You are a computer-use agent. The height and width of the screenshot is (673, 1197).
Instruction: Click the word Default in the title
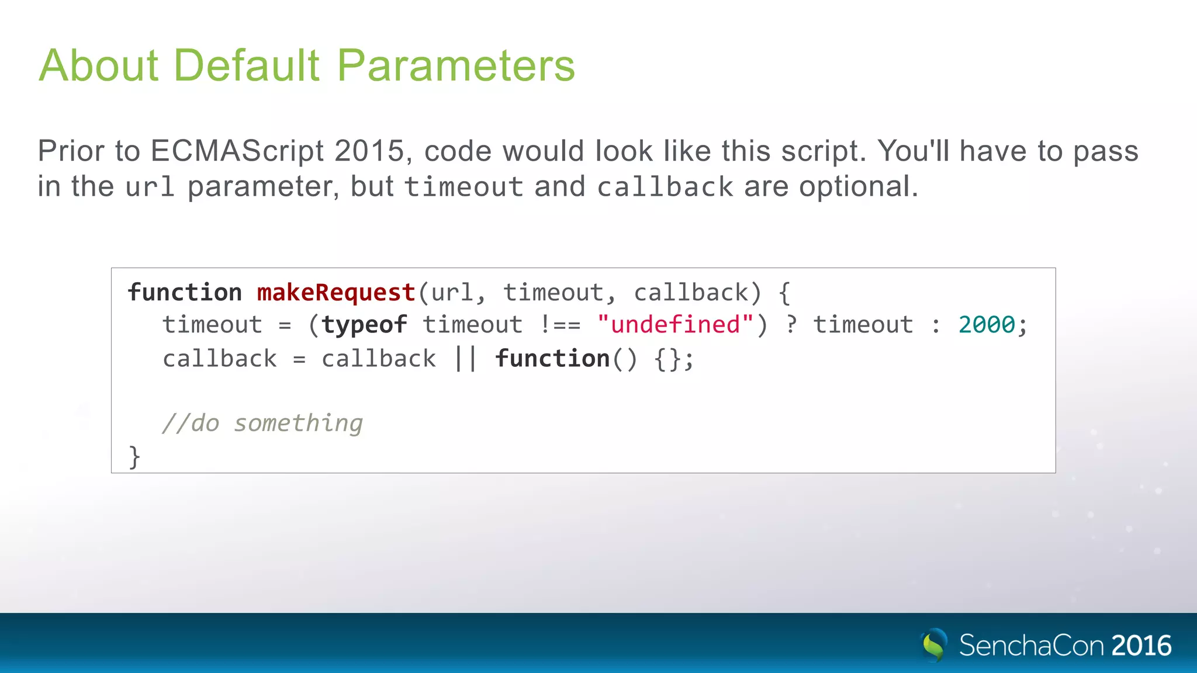pos(247,65)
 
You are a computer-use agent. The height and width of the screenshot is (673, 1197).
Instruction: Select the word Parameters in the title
pos(456,65)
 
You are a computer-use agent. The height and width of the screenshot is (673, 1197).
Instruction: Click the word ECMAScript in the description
pos(237,151)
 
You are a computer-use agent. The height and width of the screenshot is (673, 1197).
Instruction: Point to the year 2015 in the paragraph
pos(369,151)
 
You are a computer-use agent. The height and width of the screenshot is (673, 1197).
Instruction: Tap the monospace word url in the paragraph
pos(150,187)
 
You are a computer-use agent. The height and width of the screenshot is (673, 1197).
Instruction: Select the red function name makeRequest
pos(336,293)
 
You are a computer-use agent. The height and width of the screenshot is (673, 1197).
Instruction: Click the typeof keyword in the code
pos(364,325)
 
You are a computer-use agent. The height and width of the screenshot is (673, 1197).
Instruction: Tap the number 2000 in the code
pos(987,325)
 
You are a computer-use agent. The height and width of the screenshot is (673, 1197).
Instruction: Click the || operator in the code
pos(465,359)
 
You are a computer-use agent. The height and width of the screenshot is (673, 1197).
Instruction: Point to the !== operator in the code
pos(560,325)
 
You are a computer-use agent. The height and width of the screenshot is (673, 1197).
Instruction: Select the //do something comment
pos(262,423)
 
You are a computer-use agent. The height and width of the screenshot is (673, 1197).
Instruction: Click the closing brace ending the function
pos(134,456)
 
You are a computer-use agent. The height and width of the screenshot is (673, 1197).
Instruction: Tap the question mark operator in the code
pos(791,325)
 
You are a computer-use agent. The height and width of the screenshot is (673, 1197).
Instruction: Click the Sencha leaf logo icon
pos(933,644)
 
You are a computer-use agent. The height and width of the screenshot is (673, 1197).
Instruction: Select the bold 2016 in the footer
pos(1141,646)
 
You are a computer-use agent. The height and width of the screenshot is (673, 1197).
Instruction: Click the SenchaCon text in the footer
pos(1032,646)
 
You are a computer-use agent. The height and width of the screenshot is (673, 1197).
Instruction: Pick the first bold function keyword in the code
pos(185,293)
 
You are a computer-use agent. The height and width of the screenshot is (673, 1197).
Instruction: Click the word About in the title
pos(99,65)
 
